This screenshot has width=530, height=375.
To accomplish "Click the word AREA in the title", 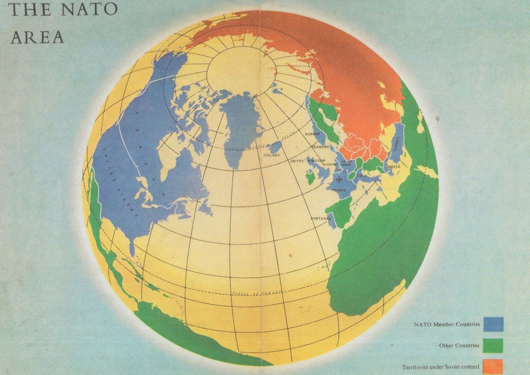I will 37,38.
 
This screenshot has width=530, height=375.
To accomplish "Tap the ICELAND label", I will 272,155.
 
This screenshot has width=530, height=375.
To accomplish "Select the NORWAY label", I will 313,135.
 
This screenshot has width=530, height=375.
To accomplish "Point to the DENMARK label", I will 320,147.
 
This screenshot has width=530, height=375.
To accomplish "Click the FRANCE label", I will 339,191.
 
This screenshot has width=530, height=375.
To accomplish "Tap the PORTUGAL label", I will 322,219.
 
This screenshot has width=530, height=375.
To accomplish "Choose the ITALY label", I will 363,176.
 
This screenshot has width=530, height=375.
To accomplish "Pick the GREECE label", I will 393,167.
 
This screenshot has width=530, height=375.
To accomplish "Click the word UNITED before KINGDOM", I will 297,161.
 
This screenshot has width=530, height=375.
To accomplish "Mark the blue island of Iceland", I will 274,148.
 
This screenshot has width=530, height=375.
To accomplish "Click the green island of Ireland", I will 310,178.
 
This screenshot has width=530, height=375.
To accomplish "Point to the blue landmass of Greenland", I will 240,126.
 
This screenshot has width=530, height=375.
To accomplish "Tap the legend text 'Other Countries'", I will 459,346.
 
